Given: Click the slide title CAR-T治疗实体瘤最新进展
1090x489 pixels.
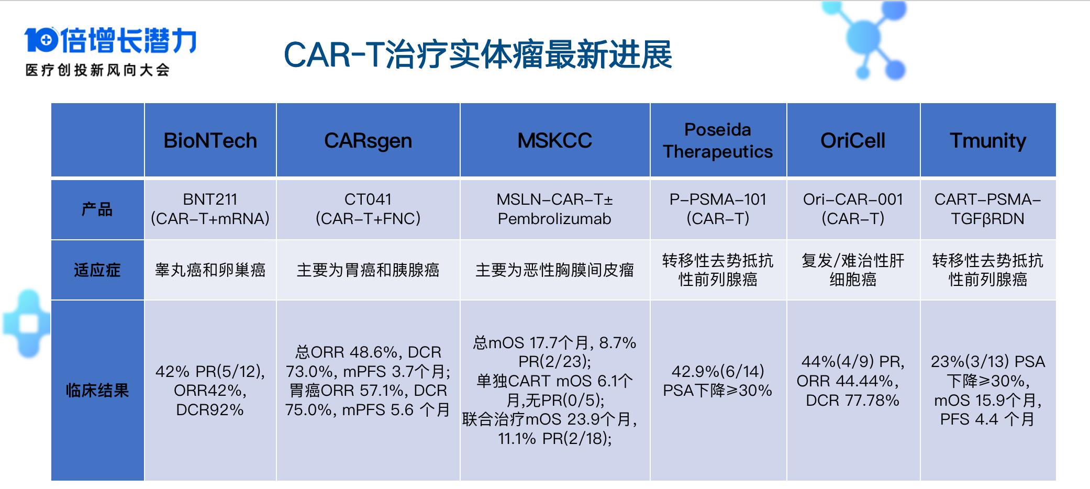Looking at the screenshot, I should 477,54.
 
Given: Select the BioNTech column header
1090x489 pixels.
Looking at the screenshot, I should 210,140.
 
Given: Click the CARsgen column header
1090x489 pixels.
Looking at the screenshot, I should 368,140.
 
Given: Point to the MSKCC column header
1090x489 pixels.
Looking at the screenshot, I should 554,140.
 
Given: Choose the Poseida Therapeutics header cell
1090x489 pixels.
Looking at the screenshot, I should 718,140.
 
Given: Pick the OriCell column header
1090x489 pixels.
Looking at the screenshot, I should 853,140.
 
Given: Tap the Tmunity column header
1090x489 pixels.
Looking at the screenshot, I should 987,140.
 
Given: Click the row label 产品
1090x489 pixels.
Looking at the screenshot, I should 97,209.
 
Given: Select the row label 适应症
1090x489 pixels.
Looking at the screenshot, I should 97,270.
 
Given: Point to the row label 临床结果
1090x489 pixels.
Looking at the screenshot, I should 97,390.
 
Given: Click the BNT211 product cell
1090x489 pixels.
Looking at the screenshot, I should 210,209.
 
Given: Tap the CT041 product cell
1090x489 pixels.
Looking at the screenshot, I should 368,209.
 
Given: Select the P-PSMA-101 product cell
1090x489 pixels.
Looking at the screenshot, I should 718,209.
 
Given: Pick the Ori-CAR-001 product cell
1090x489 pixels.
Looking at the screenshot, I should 853,209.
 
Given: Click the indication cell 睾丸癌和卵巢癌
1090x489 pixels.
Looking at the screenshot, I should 210,270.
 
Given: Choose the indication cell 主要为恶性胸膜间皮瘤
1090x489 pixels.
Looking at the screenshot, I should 554,270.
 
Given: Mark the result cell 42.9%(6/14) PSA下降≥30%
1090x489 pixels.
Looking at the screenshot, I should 718,381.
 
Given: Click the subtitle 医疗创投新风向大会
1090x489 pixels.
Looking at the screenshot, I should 97,70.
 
